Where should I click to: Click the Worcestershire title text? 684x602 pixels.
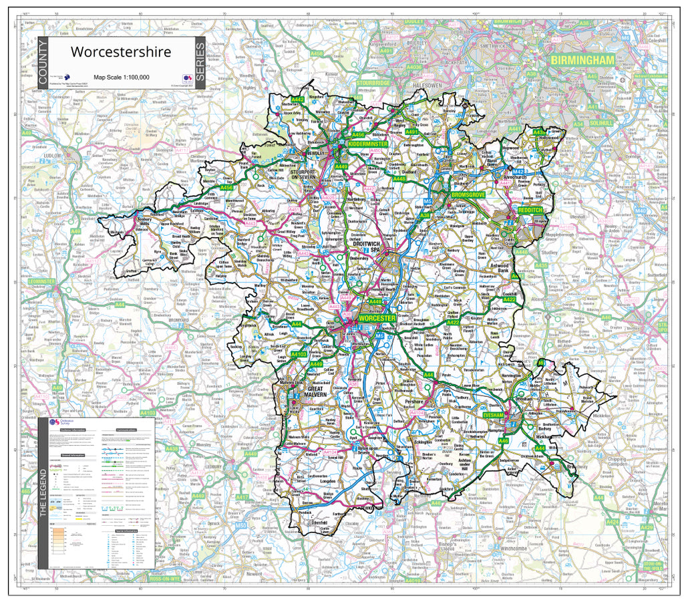121,51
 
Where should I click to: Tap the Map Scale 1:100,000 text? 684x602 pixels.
122,78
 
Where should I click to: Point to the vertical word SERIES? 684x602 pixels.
199,63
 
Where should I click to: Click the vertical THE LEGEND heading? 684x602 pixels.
44,493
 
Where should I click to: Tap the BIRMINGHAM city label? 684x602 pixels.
581,60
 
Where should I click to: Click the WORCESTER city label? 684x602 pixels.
377,319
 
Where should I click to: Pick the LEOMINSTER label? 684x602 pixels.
41,281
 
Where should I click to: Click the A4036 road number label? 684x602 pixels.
414,67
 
